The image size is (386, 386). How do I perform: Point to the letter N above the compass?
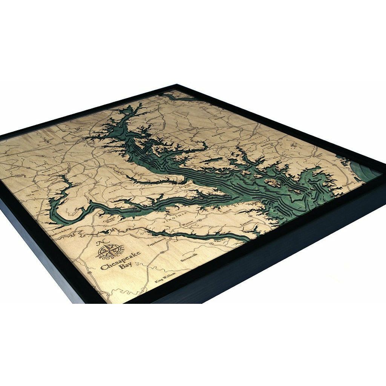point(100,242)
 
